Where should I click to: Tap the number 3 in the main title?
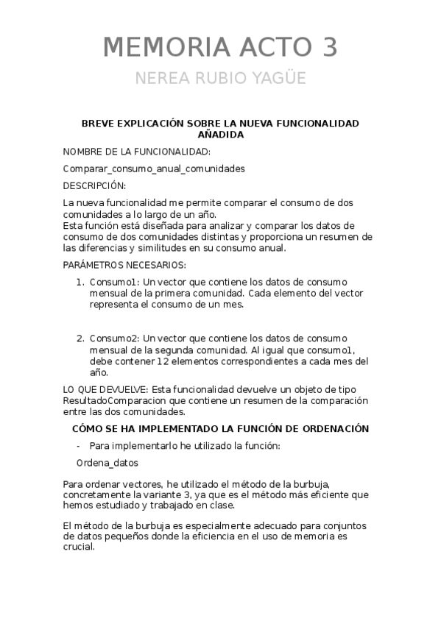point(327,47)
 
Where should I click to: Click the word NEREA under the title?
point(165,78)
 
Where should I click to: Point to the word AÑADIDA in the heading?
point(220,135)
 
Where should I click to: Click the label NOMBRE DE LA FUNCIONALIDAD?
point(136,152)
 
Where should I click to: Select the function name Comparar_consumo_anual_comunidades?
point(154,169)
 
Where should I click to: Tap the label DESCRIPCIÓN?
point(94,185)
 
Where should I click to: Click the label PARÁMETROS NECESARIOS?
point(124,265)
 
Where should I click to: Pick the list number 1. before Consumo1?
point(81,282)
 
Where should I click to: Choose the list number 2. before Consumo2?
point(81,338)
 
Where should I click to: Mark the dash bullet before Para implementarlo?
point(79,446)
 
